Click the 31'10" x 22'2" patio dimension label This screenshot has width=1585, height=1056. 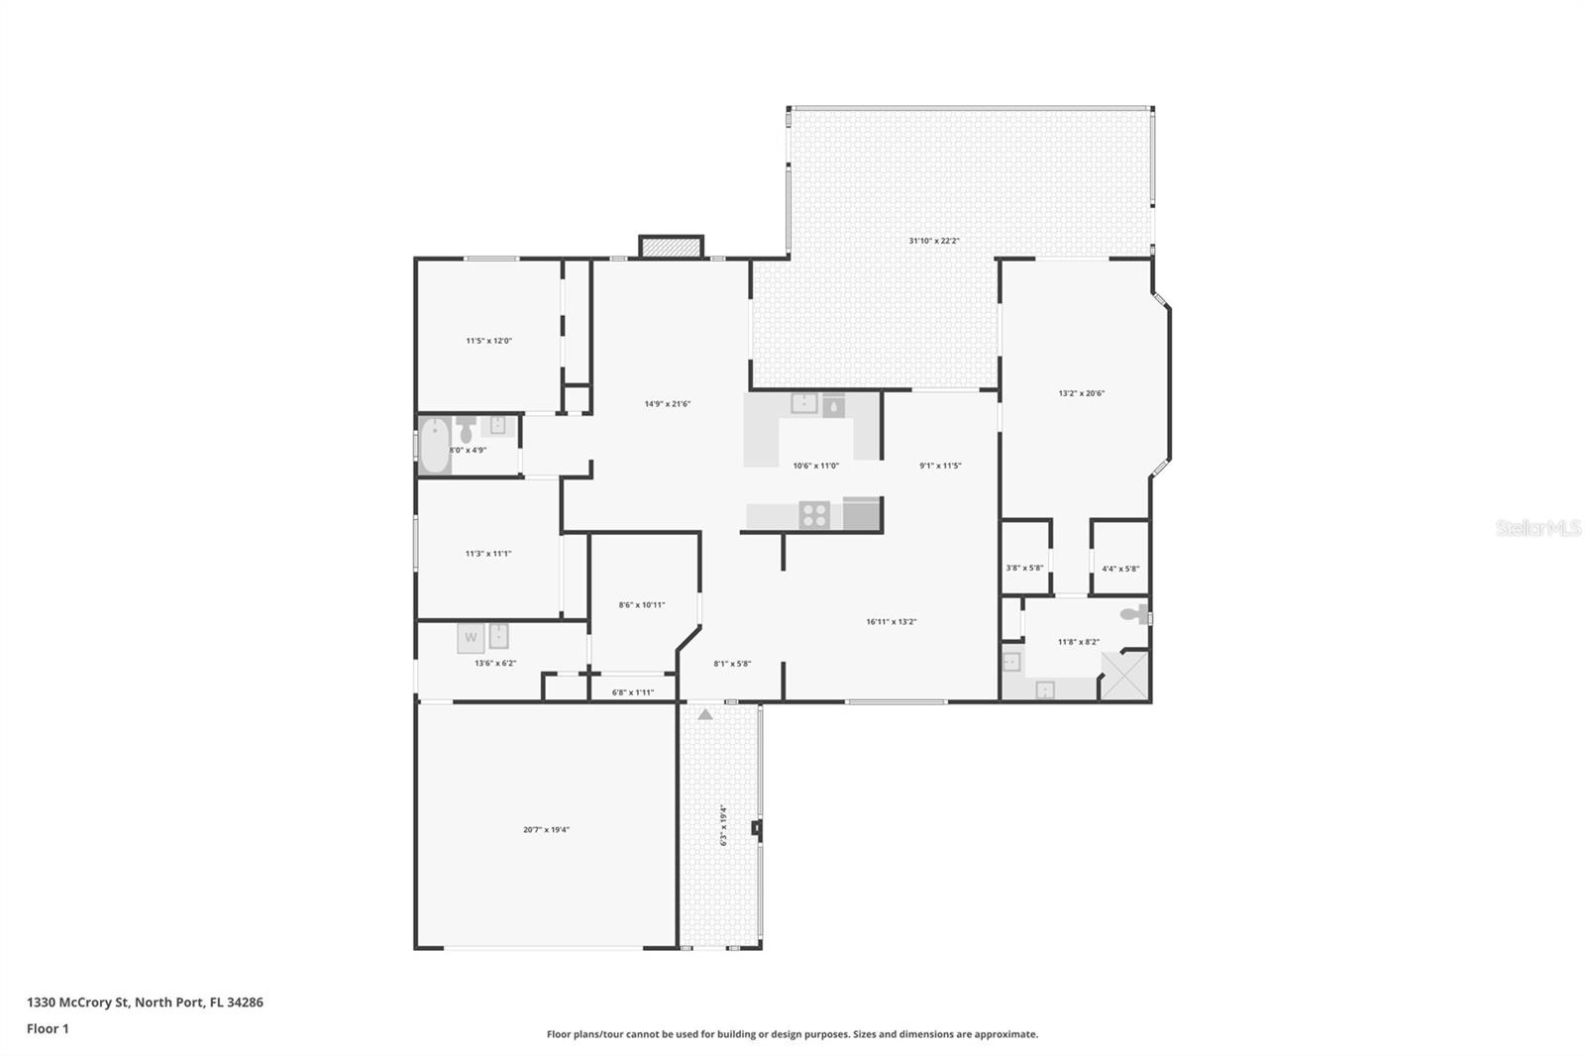[934, 241]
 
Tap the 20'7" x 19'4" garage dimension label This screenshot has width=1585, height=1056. [546, 830]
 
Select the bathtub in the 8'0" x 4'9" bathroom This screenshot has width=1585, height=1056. [434, 446]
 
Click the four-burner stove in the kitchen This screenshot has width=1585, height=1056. [814, 515]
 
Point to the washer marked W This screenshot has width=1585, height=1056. [471, 637]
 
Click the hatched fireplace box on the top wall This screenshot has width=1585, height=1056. [671, 247]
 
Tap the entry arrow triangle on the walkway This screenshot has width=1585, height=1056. [704, 713]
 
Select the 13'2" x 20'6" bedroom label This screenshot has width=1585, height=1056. [1081, 393]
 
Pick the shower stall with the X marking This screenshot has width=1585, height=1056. [1124, 676]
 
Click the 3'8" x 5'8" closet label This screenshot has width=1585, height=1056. [1024, 569]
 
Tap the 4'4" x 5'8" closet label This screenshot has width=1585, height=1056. [1120, 569]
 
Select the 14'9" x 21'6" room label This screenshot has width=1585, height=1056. [667, 403]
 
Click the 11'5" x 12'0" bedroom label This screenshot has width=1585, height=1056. [488, 341]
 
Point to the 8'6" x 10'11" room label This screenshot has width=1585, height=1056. [642, 605]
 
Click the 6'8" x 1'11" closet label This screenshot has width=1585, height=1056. [633, 692]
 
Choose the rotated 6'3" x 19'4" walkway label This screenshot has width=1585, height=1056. [723, 824]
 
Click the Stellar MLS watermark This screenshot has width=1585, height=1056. [1537, 528]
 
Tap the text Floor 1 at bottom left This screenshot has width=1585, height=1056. [48, 1029]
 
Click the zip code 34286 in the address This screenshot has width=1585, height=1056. [245, 1003]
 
